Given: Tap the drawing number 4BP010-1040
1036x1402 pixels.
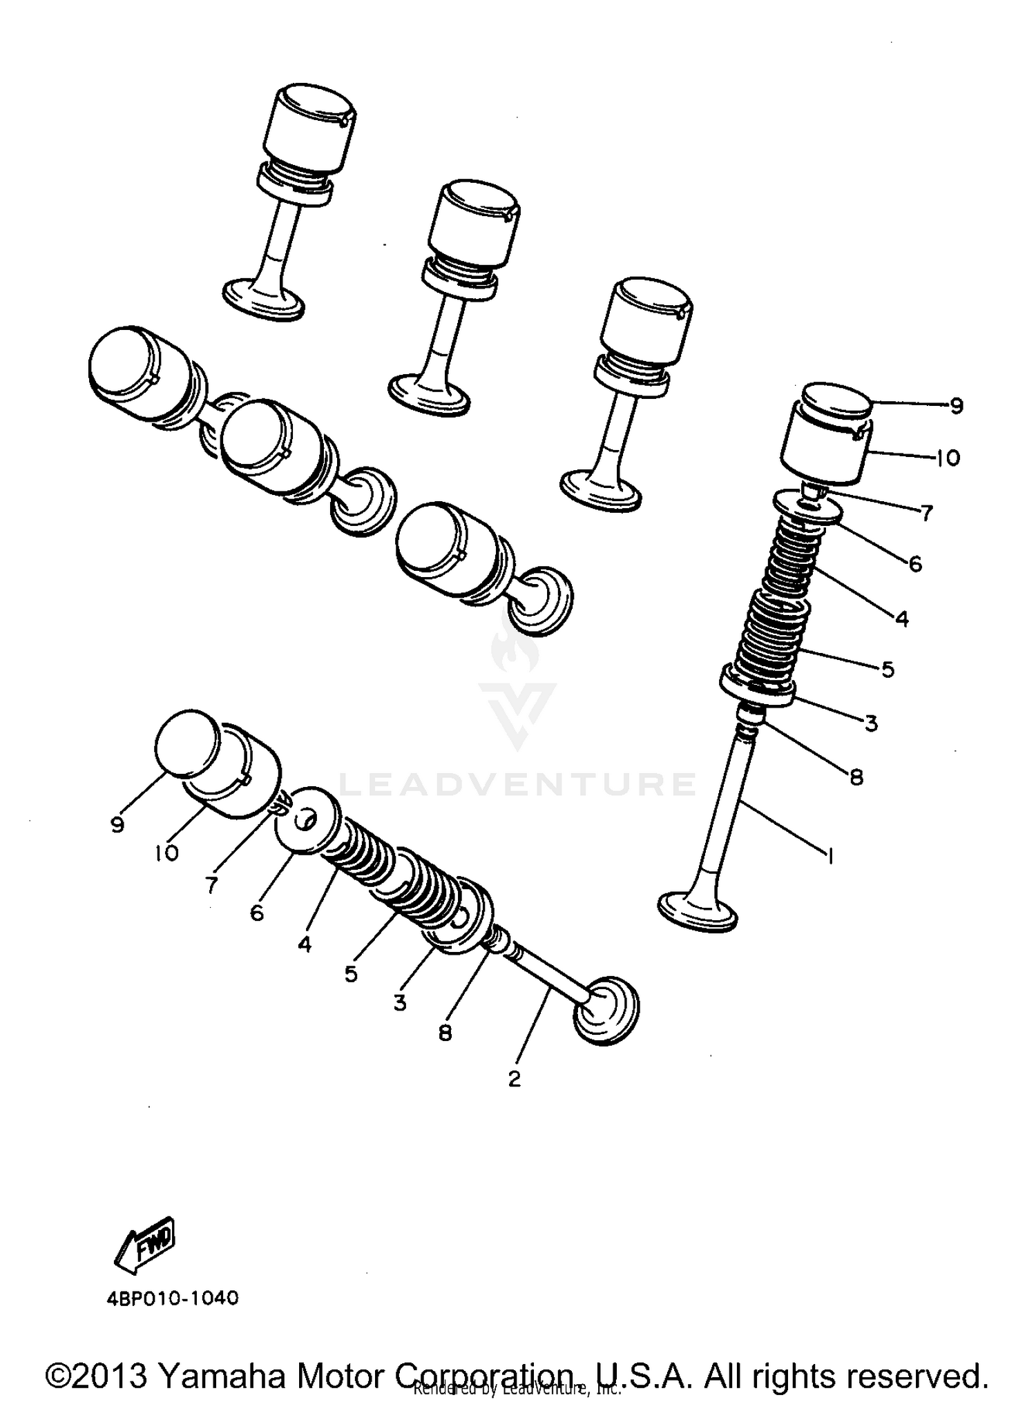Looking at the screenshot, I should (x=173, y=1298).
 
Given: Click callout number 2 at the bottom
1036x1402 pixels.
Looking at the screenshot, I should (x=515, y=1078).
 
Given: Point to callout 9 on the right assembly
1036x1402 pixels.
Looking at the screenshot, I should (x=956, y=406).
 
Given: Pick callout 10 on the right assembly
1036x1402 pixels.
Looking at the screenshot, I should (x=948, y=458).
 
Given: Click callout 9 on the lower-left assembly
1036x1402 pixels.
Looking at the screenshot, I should (x=117, y=824).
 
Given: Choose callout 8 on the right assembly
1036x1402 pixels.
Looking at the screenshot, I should (x=856, y=777).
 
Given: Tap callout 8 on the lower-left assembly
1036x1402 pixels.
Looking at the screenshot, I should (x=445, y=1033).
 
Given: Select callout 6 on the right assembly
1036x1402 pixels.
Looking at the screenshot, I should (x=915, y=564).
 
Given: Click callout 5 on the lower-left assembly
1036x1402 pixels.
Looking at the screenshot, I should (x=351, y=974).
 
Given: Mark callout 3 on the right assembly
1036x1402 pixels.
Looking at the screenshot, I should (x=871, y=723).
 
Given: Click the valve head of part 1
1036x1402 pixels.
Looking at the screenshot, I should (x=698, y=911).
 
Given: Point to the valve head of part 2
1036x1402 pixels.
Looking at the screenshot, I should (x=606, y=1011).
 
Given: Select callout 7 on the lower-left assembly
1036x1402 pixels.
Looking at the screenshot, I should (x=211, y=884).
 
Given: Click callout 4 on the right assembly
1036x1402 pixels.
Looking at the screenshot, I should (x=901, y=619).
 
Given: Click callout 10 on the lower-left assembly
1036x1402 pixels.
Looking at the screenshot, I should (x=166, y=853).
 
